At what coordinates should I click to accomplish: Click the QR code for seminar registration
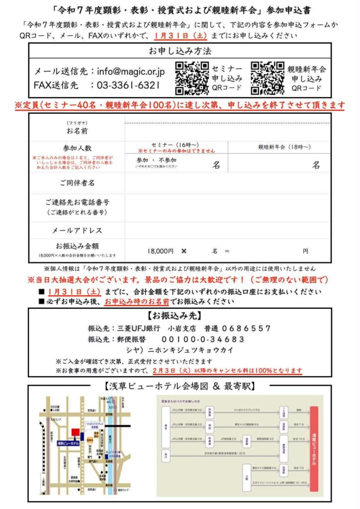point(192,78)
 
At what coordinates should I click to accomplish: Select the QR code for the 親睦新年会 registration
point(268,78)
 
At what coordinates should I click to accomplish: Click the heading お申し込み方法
point(180,51)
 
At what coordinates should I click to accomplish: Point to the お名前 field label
point(77,132)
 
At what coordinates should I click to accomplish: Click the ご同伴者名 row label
point(77,183)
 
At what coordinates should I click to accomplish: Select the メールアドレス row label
point(77,230)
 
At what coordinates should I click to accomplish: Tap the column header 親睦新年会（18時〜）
point(284,147)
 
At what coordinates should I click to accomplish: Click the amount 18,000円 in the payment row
point(161,251)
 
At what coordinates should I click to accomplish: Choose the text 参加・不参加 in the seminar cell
point(156,160)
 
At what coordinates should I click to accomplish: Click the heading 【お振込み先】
point(180,316)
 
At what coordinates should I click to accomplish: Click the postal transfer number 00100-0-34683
point(203,339)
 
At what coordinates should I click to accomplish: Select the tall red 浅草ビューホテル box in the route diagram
point(314,445)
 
